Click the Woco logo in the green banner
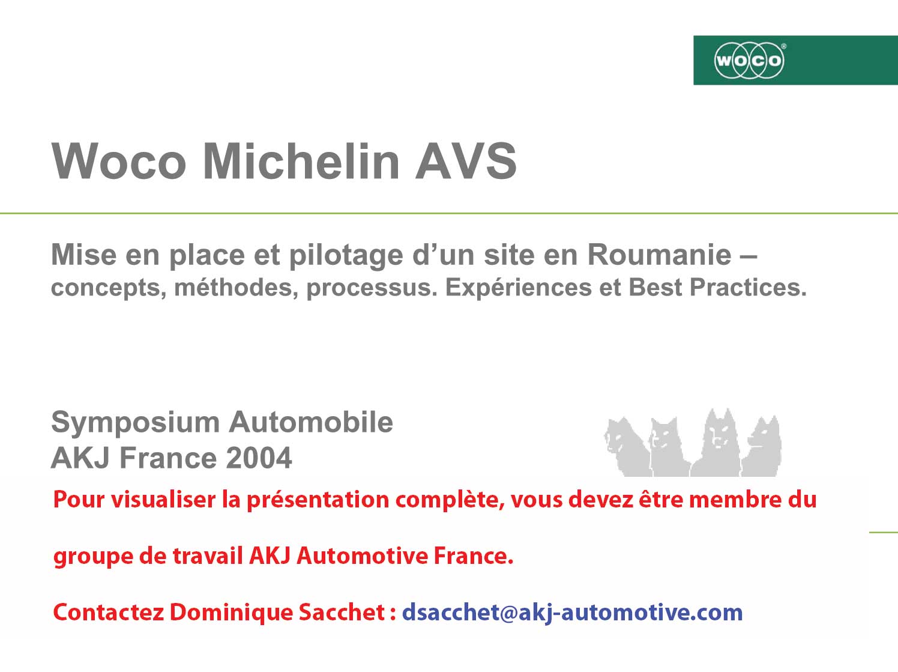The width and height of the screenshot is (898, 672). pos(749,61)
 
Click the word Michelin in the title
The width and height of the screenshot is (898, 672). pos(301,161)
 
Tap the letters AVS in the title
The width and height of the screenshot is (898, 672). pos(466,161)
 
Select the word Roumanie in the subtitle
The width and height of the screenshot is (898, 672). pos(659,255)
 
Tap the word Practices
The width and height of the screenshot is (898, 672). pos(748,287)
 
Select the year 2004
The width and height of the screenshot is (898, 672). pos(259,458)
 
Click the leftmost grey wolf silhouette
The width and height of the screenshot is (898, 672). pos(627,447)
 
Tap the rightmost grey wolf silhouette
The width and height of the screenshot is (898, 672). pos(762,446)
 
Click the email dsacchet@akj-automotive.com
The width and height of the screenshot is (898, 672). pos(572,613)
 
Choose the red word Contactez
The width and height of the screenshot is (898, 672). pos(109,613)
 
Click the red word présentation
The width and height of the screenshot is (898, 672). pos(318,500)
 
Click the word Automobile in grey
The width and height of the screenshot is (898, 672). pos(311,422)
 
